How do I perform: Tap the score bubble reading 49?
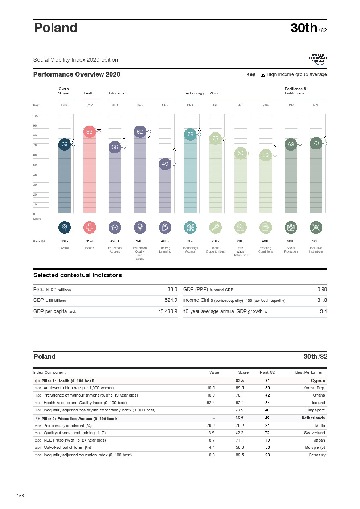165,164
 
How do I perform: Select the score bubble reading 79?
190,135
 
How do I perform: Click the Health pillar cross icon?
90,227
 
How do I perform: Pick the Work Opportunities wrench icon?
215,227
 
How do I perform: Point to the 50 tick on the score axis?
35,165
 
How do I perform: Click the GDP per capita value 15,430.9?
168,311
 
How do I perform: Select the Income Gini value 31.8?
322,300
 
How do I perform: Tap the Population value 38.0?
172,289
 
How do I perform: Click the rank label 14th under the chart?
140,241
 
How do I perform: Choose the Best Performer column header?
309,372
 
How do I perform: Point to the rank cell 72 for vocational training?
267,433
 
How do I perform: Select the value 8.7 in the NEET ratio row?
212,440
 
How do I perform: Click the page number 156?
20,496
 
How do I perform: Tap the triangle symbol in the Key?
263,75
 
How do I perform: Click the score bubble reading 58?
266,155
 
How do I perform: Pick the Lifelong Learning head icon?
165,227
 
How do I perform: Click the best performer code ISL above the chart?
215,105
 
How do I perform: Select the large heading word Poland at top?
56,28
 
